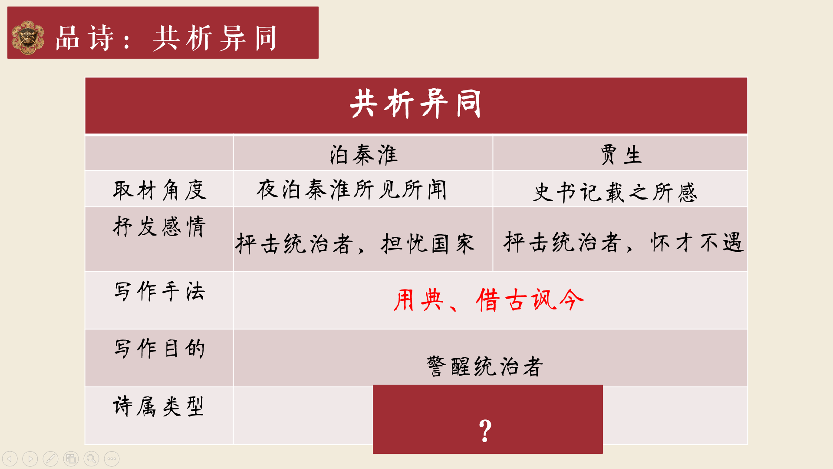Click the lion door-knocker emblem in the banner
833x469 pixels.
pyautogui.click(x=28, y=37)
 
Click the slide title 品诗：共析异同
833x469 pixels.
pyautogui.click(x=166, y=38)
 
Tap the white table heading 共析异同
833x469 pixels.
pyautogui.click(x=415, y=103)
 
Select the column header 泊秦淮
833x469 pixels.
pyautogui.click(x=363, y=155)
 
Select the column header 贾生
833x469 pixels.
pyautogui.click(x=621, y=155)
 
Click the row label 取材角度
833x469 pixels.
pyautogui.click(x=159, y=190)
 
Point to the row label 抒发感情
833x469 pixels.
pyautogui.click(x=159, y=226)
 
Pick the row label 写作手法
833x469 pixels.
pyautogui.click(x=159, y=291)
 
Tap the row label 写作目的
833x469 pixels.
pyautogui.click(x=159, y=349)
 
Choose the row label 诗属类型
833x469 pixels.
pyautogui.click(x=158, y=406)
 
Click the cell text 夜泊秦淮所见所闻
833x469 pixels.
pyautogui.click(x=352, y=190)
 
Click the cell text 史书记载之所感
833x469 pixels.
pyautogui.click(x=615, y=192)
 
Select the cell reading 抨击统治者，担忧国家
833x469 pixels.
pyautogui.click(x=355, y=243)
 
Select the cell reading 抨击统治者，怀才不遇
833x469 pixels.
pyautogui.click(x=624, y=242)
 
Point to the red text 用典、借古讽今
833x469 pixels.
pyautogui.click(x=488, y=300)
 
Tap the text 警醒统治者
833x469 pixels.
pyautogui.click(x=485, y=366)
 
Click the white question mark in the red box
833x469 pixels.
pyautogui.click(x=485, y=431)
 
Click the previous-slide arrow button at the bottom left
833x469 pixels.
pyautogui.click(x=10, y=459)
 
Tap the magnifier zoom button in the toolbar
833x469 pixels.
pyautogui.click(x=91, y=459)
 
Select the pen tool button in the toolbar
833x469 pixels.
pyautogui.click(x=50, y=459)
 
